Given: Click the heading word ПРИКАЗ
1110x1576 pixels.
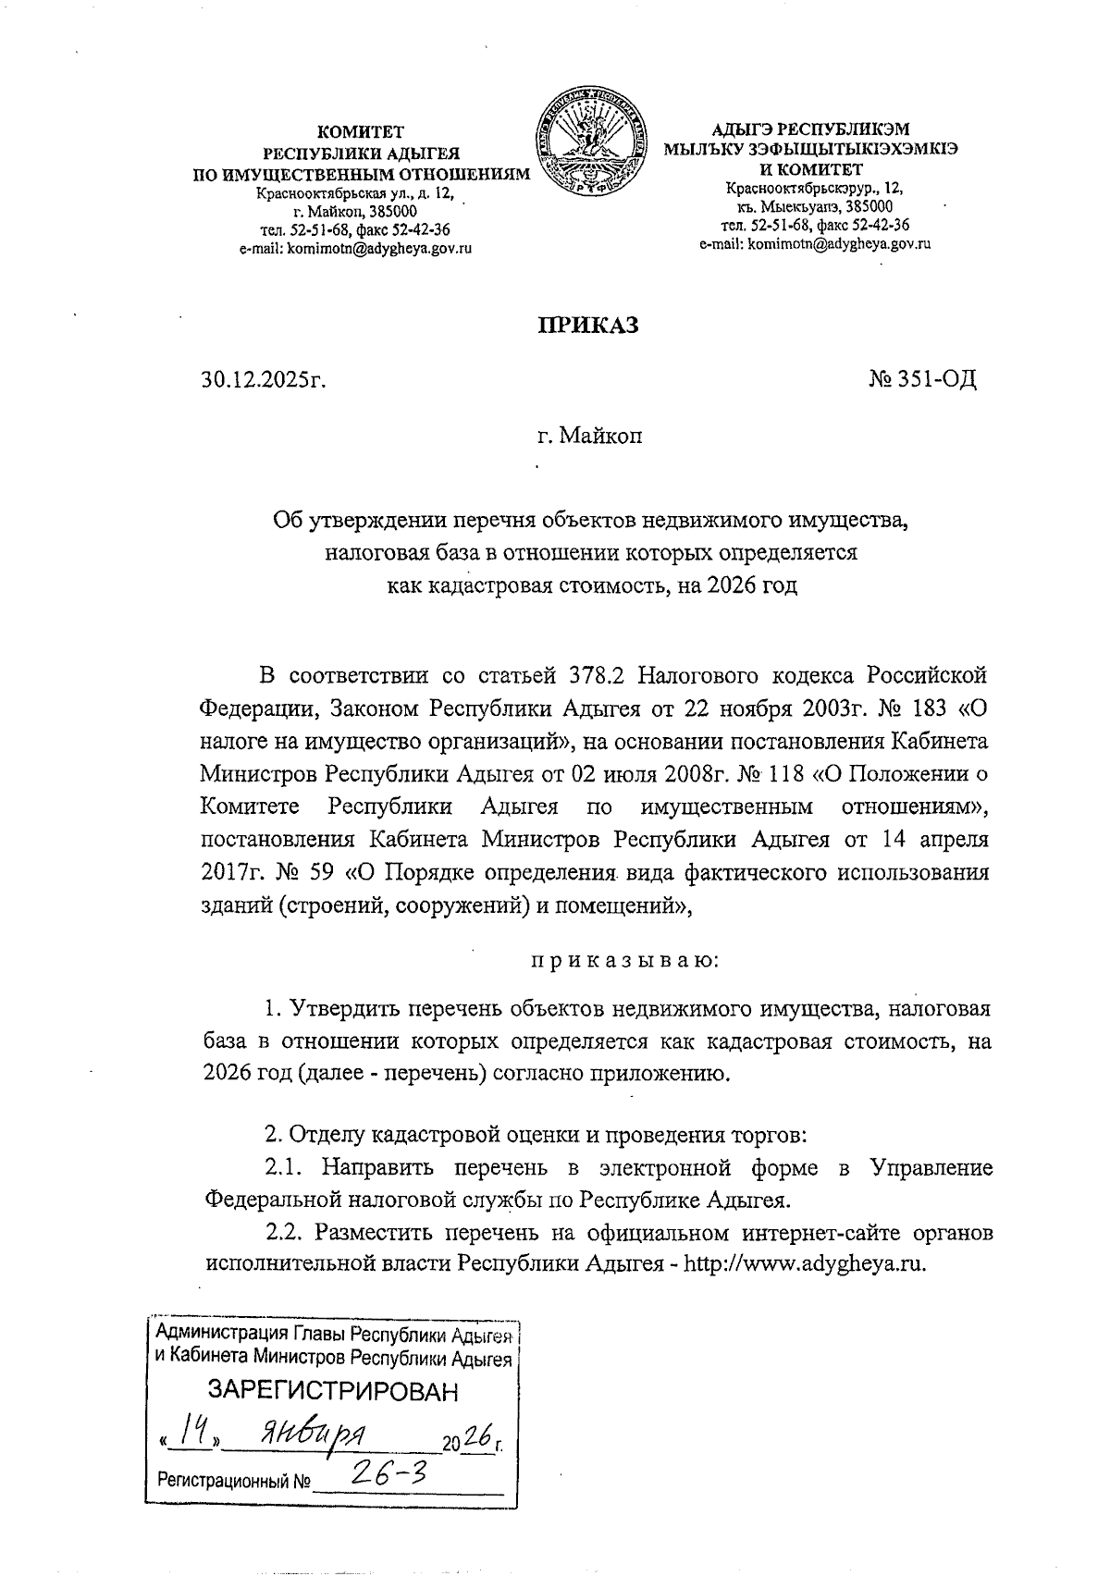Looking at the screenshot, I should (588, 326).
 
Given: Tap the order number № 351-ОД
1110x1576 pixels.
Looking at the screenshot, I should (922, 379).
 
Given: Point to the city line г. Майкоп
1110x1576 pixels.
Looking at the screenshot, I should (589, 435).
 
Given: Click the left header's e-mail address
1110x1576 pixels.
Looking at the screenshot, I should (355, 249).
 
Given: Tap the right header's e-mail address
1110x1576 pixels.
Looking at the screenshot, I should (814, 244).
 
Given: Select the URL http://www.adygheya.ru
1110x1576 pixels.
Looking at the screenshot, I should (804, 1264).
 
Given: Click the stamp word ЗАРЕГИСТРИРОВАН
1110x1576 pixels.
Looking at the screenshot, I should (332, 1391).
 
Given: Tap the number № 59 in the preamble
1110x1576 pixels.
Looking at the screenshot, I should (288, 873).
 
